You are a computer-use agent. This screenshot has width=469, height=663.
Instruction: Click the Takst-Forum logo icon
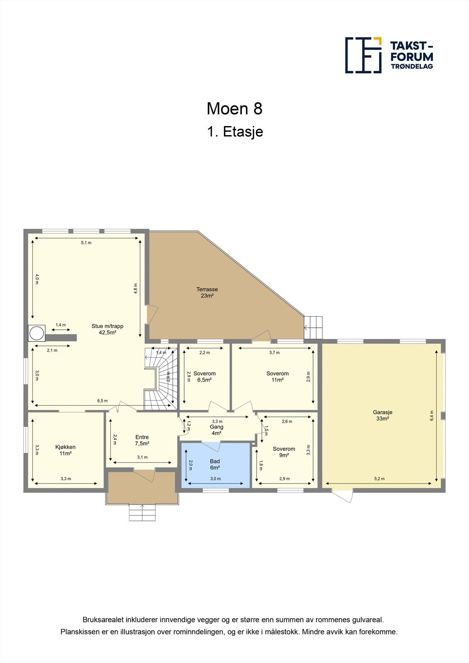tap(363, 55)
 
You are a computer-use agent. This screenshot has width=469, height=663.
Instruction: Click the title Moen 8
tap(234, 109)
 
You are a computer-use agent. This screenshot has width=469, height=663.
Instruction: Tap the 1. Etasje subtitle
tap(235, 132)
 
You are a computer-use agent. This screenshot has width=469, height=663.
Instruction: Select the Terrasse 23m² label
tap(207, 293)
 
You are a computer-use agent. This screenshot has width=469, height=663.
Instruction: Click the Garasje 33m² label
tap(382, 415)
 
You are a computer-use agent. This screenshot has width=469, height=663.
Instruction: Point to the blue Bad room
tap(216, 465)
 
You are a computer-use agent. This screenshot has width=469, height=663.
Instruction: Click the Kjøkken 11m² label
tap(66, 450)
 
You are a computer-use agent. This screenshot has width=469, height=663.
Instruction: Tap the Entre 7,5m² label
tap(142, 440)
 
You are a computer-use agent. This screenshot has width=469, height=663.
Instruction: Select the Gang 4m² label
tap(216, 430)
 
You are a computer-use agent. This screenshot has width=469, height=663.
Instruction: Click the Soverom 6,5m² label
tap(204, 376)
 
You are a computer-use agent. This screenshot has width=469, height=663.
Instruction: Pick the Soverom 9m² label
tap(284, 452)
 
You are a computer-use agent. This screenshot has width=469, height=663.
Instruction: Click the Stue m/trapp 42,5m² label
tap(107, 329)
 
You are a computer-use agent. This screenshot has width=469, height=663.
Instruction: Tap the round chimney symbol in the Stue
tap(36, 333)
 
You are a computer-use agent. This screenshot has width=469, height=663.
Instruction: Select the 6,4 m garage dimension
tap(432, 415)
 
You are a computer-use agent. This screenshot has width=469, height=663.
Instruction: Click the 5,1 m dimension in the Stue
tap(86, 242)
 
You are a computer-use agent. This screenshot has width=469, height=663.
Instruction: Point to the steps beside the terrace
tap(313, 327)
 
